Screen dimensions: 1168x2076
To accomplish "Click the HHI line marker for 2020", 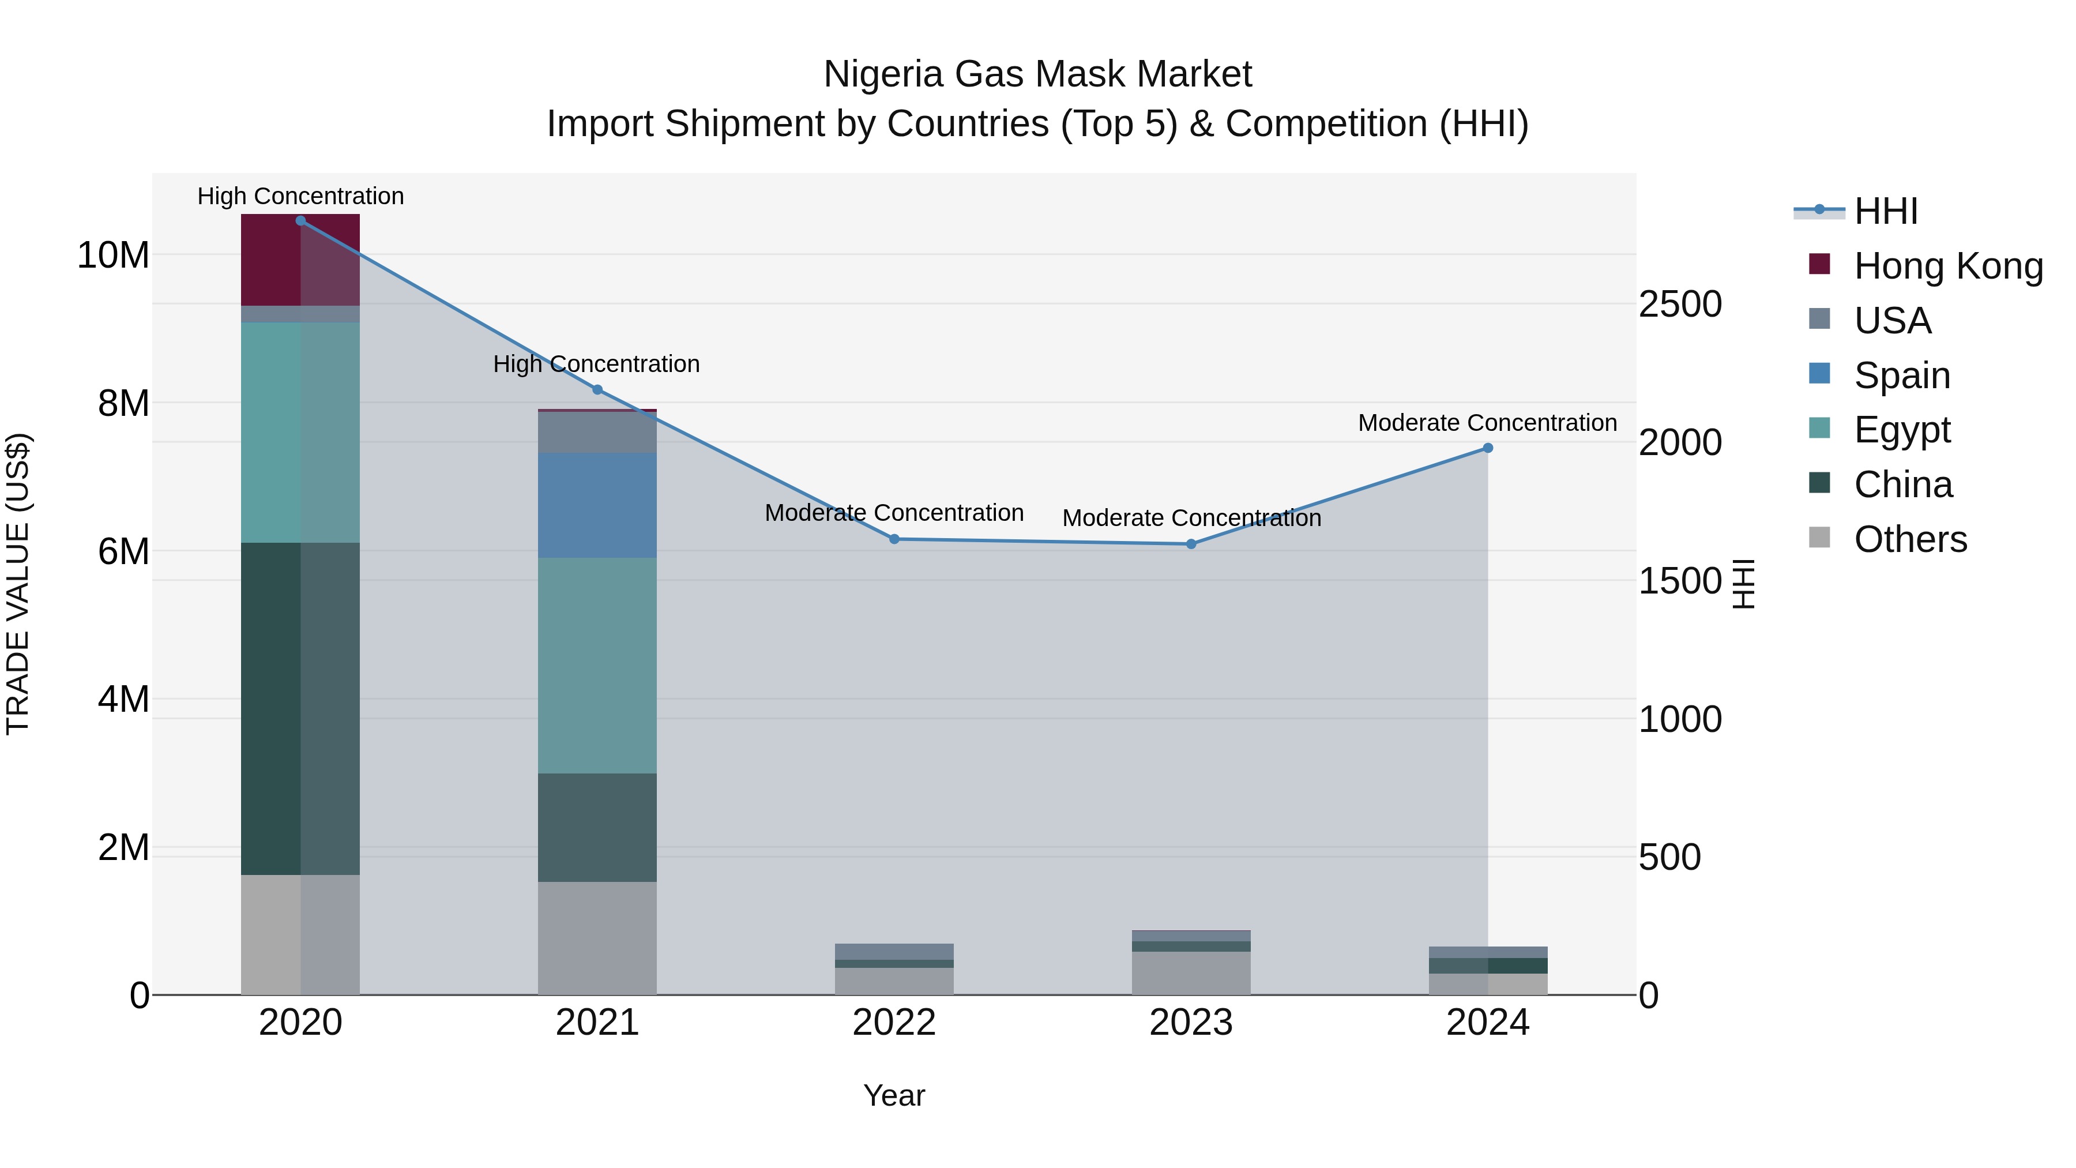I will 300,221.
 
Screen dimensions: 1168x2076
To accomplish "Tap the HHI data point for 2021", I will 597,390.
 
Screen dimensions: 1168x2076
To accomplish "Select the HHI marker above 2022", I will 894,539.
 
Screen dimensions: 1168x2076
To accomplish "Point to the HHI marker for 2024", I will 1488,448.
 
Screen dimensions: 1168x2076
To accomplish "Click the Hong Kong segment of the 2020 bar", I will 300,260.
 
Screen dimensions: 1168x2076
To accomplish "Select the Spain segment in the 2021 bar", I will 597,505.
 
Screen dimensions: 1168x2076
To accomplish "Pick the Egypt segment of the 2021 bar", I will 597,666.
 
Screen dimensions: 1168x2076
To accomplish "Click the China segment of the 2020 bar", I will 300,708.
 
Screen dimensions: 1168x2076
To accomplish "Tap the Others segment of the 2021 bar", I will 597,938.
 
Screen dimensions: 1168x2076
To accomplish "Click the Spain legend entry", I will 1901,375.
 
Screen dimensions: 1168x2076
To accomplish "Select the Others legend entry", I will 1910,539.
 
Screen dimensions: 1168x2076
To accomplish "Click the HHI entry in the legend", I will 1885,211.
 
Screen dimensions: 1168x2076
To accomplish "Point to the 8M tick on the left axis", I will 123,403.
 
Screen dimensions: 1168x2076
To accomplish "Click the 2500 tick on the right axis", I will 1680,305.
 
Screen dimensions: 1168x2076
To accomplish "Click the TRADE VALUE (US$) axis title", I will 18,584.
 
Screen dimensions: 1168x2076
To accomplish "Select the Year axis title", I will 894,1095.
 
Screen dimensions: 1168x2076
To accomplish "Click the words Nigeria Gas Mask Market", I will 1037,74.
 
